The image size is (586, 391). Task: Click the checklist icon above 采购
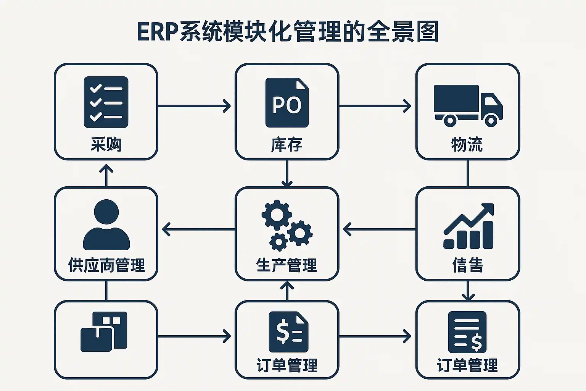click(x=106, y=102)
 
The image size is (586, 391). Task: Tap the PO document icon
click(x=287, y=103)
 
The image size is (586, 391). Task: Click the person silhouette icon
click(x=106, y=225)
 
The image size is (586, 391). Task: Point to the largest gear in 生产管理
click(x=277, y=215)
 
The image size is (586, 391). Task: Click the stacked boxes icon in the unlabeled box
click(x=104, y=331)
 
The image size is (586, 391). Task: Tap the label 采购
click(x=106, y=144)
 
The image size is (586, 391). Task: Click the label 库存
click(x=287, y=145)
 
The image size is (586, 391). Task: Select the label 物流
click(x=467, y=145)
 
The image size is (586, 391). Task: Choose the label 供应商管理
click(x=106, y=265)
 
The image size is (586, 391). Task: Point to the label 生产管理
click(x=287, y=265)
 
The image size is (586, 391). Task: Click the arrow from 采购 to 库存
click(x=195, y=106)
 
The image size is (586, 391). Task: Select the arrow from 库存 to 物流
click(x=375, y=106)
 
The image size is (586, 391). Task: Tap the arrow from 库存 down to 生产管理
click(x=287, y=173)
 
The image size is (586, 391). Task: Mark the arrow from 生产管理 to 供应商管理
click(x=198, y=229)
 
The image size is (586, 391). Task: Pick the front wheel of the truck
click(x=491, y=121)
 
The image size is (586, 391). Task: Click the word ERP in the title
click(x=158, y=32)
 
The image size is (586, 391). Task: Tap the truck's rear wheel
click(x=450, y=121)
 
